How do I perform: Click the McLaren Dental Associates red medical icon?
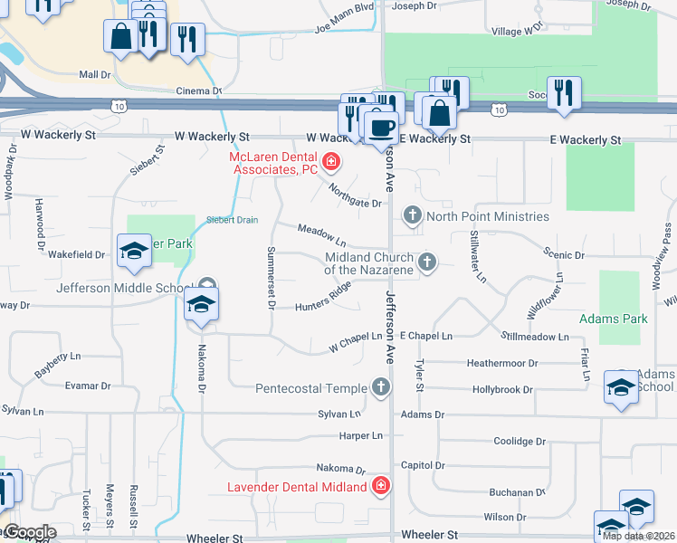[331, 163]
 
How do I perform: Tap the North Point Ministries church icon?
[413, 216]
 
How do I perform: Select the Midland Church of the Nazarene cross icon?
[427, 262]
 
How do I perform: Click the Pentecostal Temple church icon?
[381, 388]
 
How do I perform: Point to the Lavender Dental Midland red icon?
[381, 486]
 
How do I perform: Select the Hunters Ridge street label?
[323, 299]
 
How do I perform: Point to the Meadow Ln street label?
[322, 236]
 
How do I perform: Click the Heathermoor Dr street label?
[502, 363]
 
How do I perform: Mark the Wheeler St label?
[216, 538]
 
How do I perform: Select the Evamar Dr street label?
[88, 386]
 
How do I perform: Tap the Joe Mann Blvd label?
[344, 19]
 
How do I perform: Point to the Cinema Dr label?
[199, 90]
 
